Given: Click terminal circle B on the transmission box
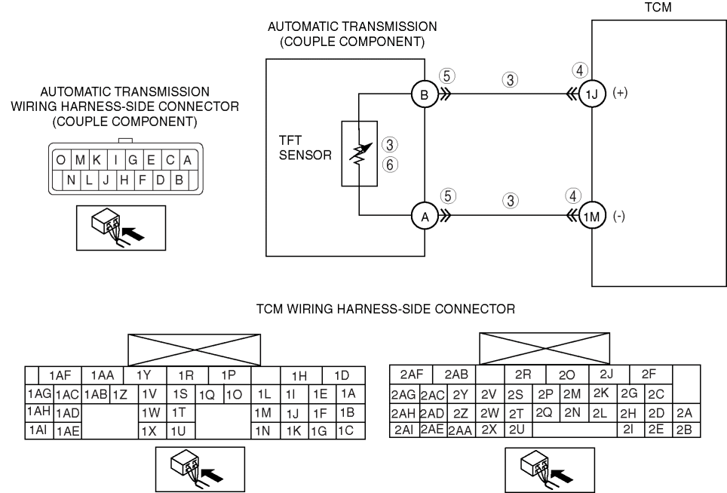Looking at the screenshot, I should [423, 96].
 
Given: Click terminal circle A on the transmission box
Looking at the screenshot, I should [423, 217].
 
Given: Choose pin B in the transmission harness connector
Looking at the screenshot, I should [180, 181].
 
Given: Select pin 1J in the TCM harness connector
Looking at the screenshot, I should [292, 413].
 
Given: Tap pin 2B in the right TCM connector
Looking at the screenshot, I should [683, 430].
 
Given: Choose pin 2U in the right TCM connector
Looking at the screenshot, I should [516, 430].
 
